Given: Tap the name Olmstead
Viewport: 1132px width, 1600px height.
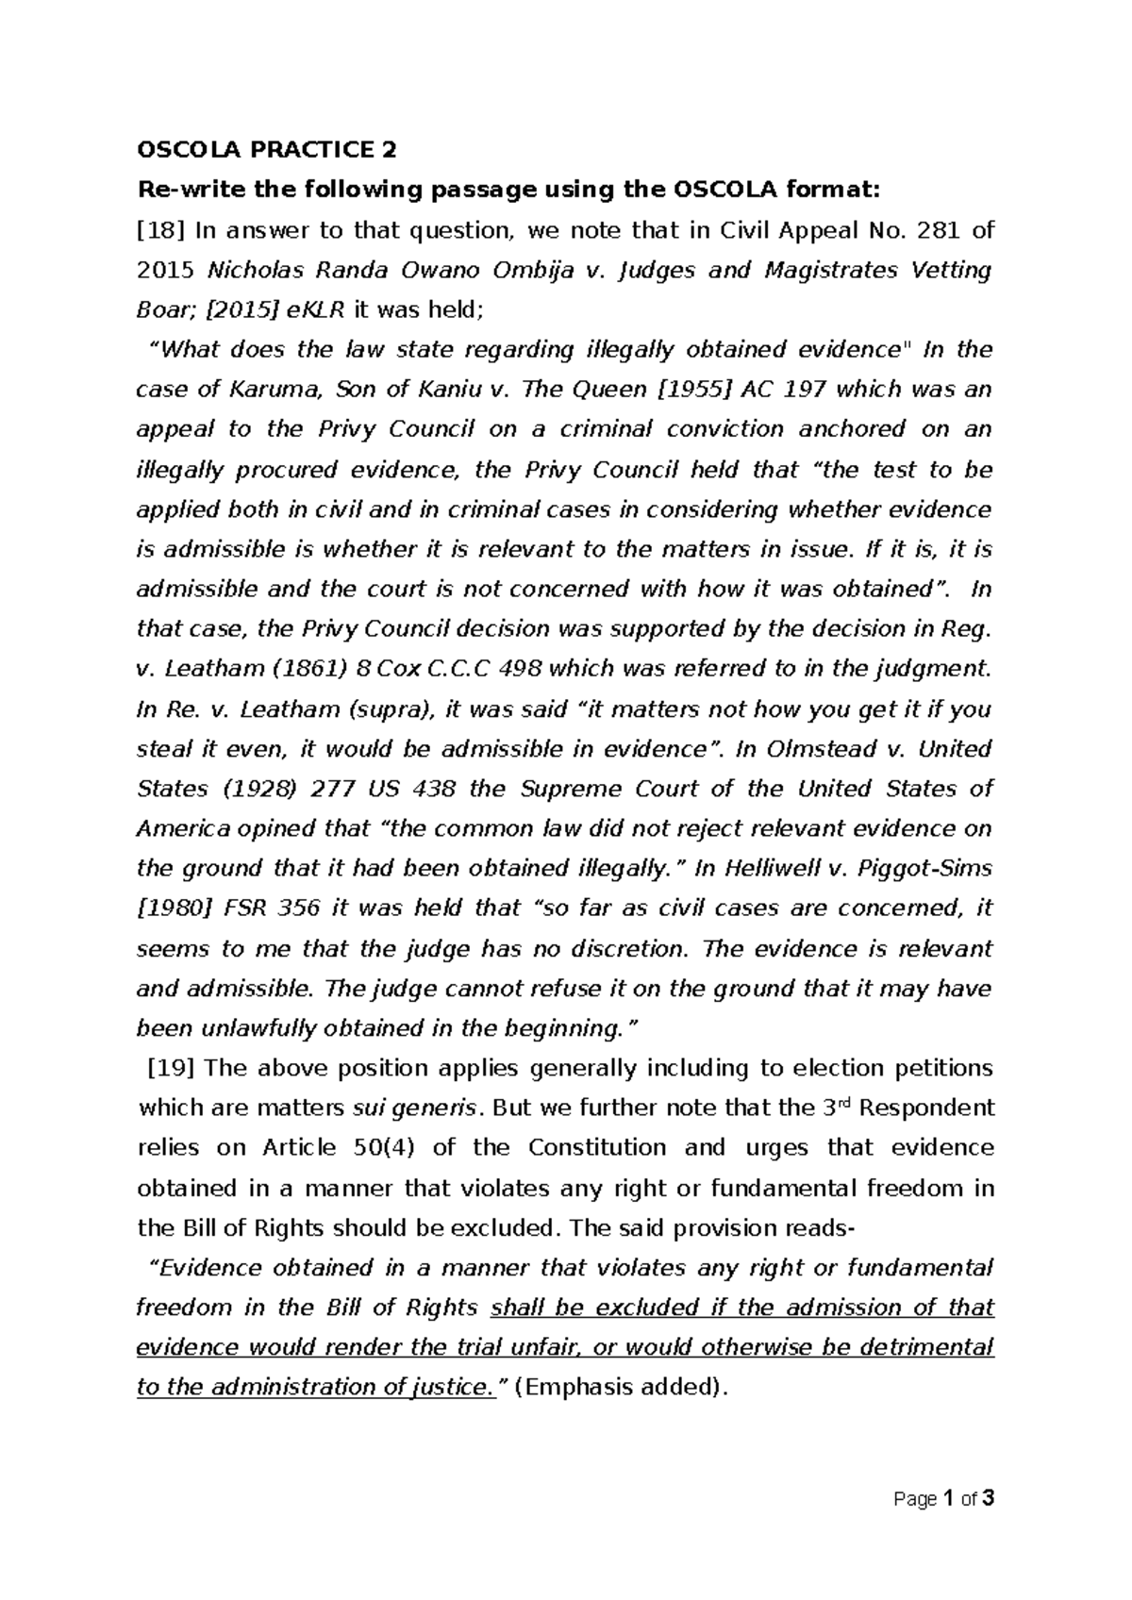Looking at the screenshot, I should click(x=813, y=749).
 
